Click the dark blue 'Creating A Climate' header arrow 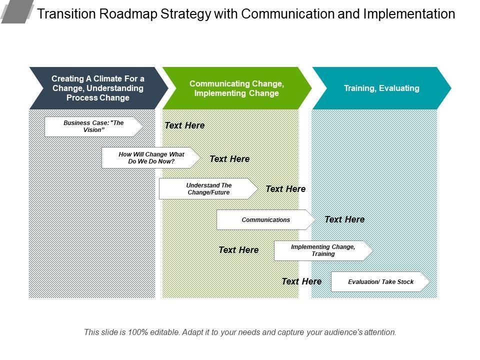97,88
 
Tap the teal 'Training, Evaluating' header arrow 381,88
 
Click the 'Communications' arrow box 265,219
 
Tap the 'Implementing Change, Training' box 323,250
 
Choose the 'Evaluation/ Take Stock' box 380,281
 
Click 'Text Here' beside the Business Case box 184,125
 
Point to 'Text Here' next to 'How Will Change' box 229,159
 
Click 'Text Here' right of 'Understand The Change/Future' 285,189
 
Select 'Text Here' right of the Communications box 344,219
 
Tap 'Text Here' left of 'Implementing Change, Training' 238,249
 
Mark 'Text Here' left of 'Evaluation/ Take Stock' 301,281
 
